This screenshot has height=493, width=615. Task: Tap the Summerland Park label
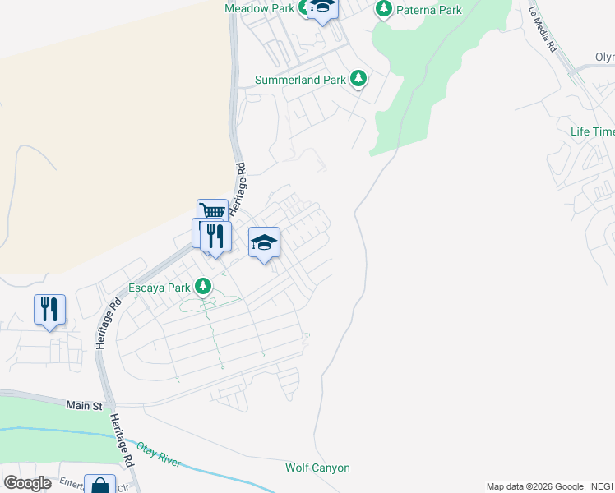point(299,80)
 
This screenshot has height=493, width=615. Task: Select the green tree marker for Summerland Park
point(358,79)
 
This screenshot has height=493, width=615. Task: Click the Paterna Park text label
point(428,10)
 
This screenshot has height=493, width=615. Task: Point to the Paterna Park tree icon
point(383,9)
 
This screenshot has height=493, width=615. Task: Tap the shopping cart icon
point(212,212)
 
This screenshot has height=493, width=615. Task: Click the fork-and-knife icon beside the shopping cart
point(215,237)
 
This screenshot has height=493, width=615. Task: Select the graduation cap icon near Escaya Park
point(264,242)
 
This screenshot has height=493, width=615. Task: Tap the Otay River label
point(158,454)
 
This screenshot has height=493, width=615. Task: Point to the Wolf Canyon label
point(317,468)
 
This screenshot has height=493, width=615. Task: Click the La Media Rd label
point(543,29)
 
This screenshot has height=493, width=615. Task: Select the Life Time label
point(592,131)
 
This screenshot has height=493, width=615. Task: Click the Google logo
point(27,482)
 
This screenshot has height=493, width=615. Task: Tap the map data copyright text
point(549,486)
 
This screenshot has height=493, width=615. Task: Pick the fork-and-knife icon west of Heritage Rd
point(49,310)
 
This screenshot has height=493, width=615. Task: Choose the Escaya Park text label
point(159,288)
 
